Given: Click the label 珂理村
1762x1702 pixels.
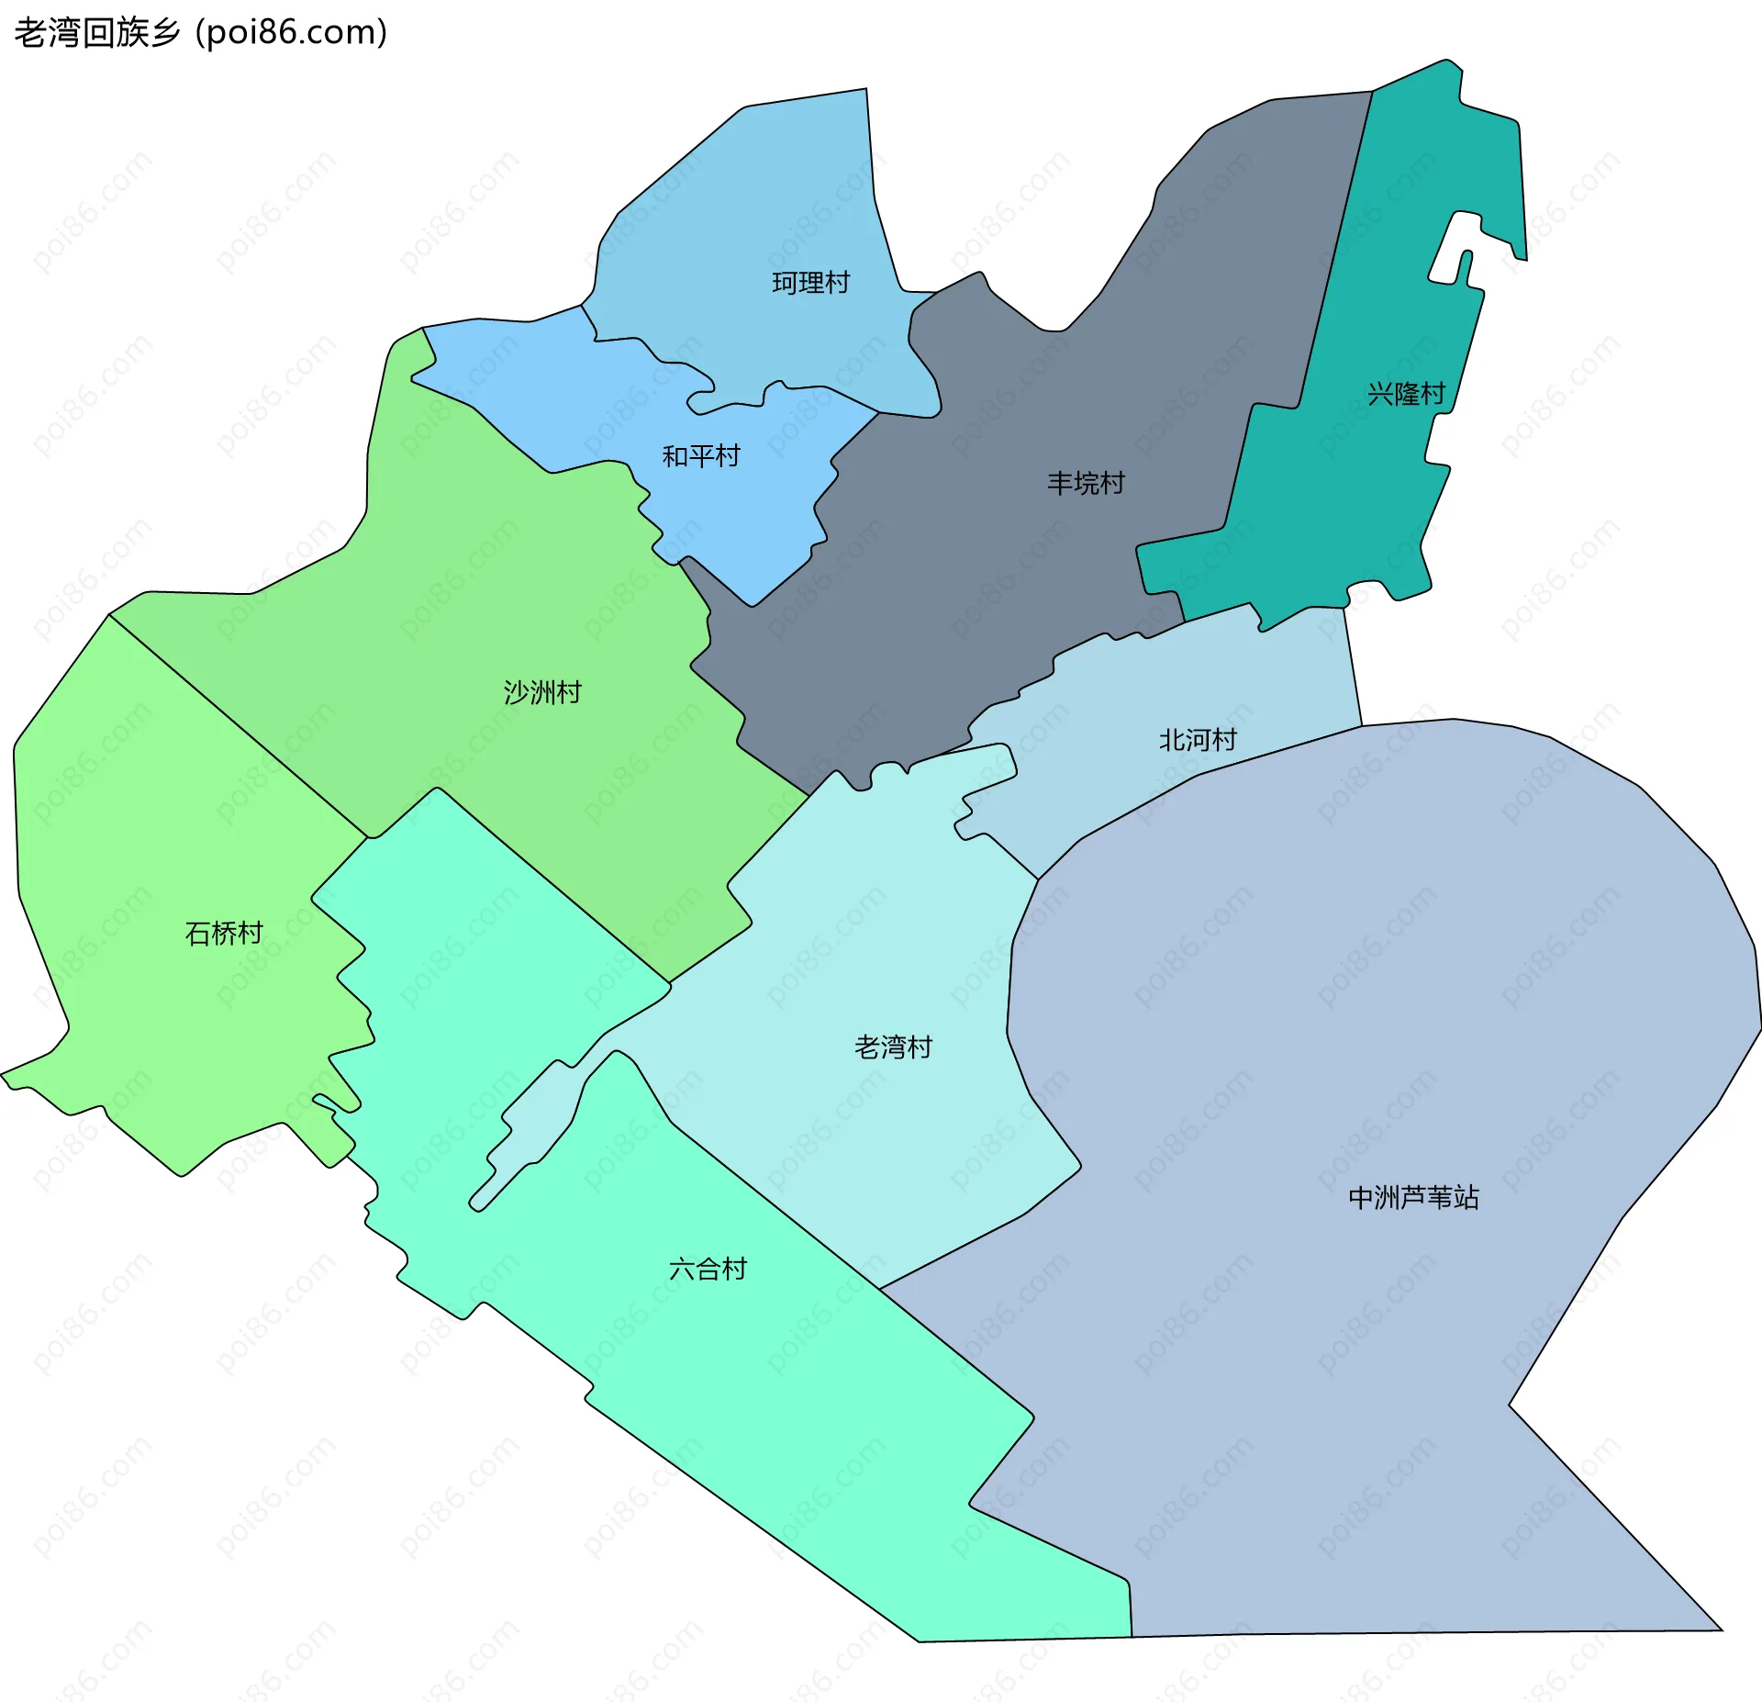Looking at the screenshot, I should [810, 283].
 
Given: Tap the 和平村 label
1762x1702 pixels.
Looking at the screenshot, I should [701, 456].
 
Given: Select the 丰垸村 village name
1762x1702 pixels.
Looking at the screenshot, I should [1086, 483].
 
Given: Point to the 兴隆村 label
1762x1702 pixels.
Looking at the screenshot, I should [1406, 394].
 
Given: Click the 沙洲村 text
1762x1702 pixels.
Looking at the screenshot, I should [542, 692].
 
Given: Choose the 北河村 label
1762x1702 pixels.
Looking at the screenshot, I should [1198, 739].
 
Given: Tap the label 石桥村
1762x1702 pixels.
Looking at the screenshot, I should [224, 934].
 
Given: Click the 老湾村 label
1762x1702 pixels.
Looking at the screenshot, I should [893, 1047].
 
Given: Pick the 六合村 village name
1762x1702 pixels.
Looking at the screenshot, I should [708, 1269].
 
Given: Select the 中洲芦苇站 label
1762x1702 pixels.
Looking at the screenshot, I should [1413, 1197].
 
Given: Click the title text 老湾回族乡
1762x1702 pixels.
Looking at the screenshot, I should [97, 33].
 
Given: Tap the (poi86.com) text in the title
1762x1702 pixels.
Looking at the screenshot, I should [292, 33].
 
